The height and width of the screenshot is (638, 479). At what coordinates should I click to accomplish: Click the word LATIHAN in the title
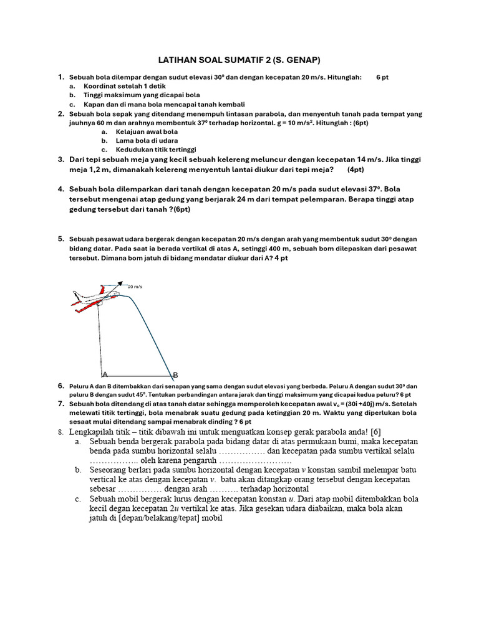pos(180,60)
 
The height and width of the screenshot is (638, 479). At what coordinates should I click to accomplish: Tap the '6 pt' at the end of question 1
pos(382,77)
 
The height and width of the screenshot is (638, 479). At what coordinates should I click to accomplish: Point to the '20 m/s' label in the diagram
pos(135,287)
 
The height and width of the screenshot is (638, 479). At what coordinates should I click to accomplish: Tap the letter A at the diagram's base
pos(105,374)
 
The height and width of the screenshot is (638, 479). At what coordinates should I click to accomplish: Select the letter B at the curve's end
pos(175,375)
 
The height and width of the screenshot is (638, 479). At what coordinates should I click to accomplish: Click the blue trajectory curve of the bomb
pos(153,336)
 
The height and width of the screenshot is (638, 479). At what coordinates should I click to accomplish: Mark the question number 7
pos(61,404)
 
